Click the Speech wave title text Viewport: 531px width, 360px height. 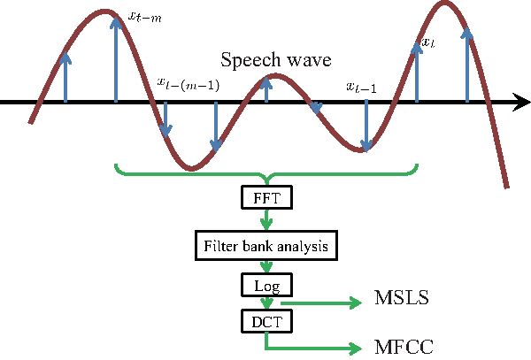(276, 62)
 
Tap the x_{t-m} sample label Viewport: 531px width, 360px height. (145, 14)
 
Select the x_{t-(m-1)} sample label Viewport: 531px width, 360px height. (189, 83)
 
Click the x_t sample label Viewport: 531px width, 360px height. (427, 42)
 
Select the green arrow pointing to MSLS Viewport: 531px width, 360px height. (327, 303)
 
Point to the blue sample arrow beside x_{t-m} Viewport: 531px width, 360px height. (116, 57)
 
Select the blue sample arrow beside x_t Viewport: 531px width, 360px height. (416, 71)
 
